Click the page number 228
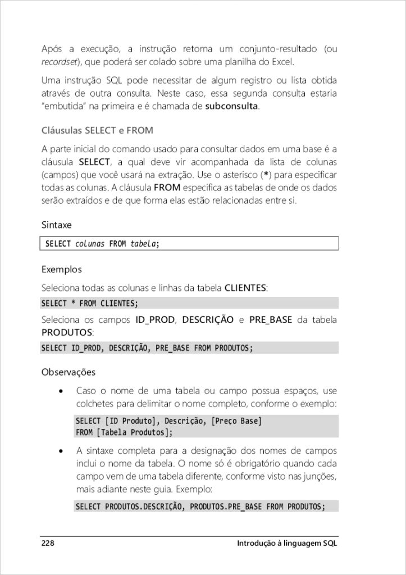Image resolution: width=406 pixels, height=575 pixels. click(x=48, y=544)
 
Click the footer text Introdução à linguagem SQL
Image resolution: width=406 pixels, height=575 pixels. click(x=287, y=544)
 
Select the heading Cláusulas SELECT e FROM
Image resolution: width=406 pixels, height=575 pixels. click(x=98, y=130)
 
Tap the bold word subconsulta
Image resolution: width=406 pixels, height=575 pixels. click(x=231, y=107)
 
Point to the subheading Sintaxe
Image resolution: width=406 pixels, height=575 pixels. click(x=57, y=225)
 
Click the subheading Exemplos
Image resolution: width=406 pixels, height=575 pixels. click(x=62, y=270)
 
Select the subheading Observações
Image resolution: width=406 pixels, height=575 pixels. click(x=69, y=372)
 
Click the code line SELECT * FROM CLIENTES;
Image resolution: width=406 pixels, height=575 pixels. click(x=90, y=304)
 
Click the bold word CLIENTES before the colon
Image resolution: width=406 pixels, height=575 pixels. click(x=245, y=288)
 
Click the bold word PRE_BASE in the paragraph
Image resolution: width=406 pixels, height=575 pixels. click(x=271, y=320)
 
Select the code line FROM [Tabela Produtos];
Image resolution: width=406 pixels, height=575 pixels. click(x=124, y=432)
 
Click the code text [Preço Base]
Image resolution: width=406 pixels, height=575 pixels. click(x=236, y=421)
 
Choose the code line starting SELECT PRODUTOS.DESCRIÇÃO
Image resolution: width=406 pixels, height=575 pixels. click(x=200, y=506)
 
